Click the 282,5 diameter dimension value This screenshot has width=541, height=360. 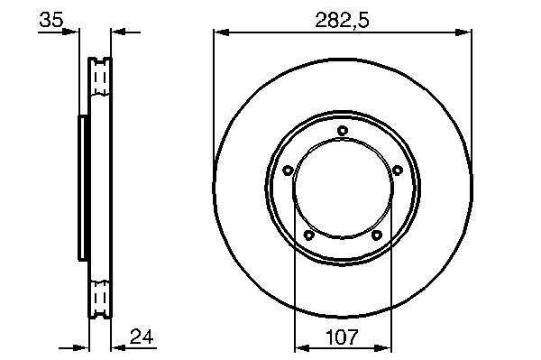pyautogui.click(x=342, y=20)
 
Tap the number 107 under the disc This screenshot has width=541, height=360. pyautogui.click(x=342, y=337)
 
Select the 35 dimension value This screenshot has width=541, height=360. pyautogui.click(x=51, y=19)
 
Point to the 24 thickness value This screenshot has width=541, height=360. pyautogui.click(x=142, y=337)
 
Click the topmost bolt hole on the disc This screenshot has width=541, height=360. pyautogui.click(x=343, y=131)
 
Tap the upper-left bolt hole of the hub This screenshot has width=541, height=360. pyautogui.click(x=288, y=170)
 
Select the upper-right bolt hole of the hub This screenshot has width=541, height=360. pyautogui.click(x=398, y=170)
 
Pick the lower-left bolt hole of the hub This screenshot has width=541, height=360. pyautogui.click(x=308, y=235)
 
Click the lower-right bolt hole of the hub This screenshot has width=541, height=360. pyautogui.click(x=376, y=235)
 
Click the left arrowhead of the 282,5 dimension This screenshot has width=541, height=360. pyautogui.click(x=222, y=32)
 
